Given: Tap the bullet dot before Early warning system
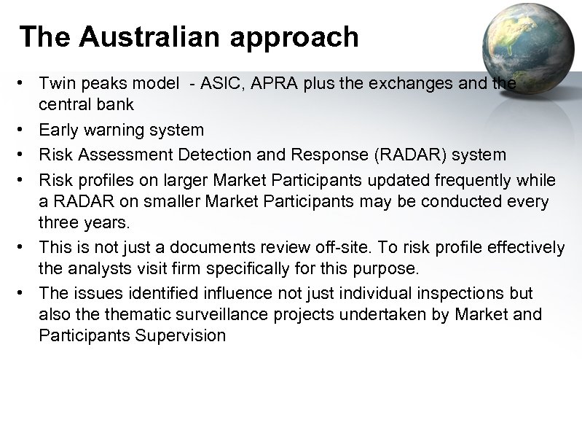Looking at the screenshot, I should point(24,131).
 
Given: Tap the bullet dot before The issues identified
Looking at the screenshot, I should point(24,293).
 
